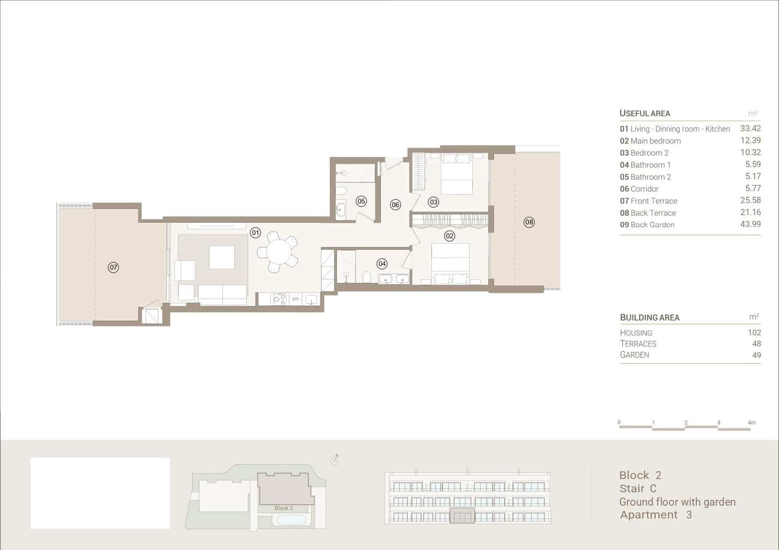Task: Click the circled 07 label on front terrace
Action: click(x=113, y=267)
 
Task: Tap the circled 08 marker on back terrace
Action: click(x=529, y=222)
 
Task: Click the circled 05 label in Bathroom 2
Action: click(x=361, y=201)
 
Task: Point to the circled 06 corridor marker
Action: click(x=395, y=205)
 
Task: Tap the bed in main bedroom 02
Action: click(x=450, y=263)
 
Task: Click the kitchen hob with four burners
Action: click(x=279, y=299)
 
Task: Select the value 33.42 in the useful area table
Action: click(x=750, y=128)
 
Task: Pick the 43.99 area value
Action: click(x=750, y=224)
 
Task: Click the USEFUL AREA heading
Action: click(x=645, y=113)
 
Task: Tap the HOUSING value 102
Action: click(x=754, y=332)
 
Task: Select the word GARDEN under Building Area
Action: click(x=634, y=355)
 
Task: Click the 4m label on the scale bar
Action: click(x=752, y=422)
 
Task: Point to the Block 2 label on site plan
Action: click(x=283, y=508)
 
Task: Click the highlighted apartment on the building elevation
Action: click(x=462, y=515)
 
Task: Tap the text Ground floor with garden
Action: click(x=677, y=502)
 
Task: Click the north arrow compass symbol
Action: click(x=334, y=459)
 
